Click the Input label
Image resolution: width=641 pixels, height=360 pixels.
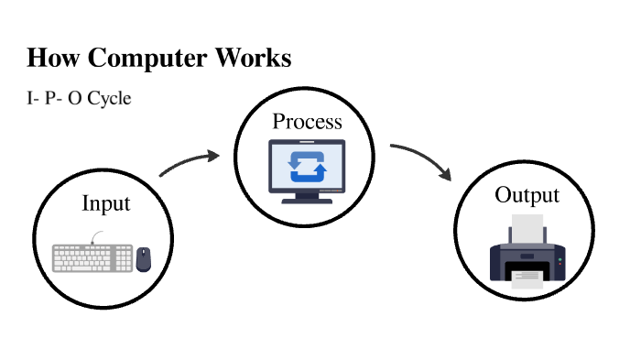pyautogui.click(x=106, y=203)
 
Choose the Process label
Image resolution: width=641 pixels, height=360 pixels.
pyautogui.click(x=307, y=122)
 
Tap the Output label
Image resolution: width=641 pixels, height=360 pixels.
pyautogui.click(x=527, y=195)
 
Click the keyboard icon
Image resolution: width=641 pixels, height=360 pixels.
pyautogui.click(x=92, y=257)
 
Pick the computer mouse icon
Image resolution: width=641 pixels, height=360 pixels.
pyautogui.click(x=144, y=259)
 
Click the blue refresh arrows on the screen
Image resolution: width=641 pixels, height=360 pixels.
pyautogui.click(x=306, y=167)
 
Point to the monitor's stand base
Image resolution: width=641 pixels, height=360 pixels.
pyautogui.click(x=306, y=200)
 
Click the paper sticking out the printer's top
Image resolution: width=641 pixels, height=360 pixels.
pyautogui.click(x=527, y=227)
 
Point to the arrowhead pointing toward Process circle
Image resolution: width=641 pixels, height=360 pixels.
pyautogui.click(x=213, y=156)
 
